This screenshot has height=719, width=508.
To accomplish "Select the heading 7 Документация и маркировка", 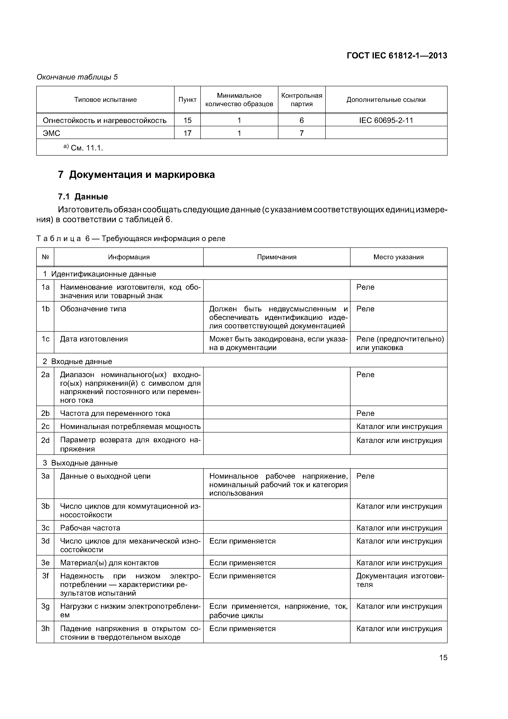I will coord(136,174).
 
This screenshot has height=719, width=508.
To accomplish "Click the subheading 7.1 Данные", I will coord(83,196).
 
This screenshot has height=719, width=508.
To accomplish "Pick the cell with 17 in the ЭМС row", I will coord(187,133).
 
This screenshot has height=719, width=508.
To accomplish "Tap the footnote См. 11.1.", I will coord(83,148).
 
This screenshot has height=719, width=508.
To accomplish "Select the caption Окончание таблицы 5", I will coord(77,77).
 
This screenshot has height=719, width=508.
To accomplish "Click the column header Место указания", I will coord(398,257).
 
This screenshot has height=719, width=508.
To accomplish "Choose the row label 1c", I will coord(45,339).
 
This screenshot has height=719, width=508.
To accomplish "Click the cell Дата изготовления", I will coord(94,339).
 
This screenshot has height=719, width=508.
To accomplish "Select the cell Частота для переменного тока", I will coord(115,413).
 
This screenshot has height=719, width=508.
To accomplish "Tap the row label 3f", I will coord(45,576).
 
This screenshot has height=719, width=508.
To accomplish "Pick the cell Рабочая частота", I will coord(90,528).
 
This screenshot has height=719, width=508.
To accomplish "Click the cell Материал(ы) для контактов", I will coord(109,562).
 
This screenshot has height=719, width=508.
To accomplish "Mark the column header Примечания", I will coord(277,257).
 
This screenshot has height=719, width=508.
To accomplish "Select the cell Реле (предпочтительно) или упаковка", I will coord(400,343).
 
